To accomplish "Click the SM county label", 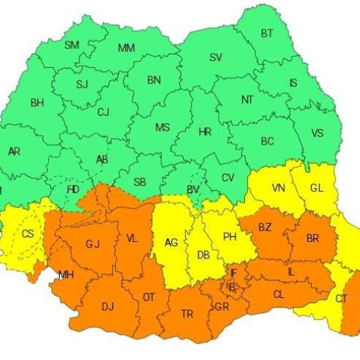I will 72,45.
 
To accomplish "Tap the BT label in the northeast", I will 267,33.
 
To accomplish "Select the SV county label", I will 216,57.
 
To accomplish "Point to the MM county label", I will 127,48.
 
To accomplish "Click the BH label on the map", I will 37,103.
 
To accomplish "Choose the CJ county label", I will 103,112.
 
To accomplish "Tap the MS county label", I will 163,127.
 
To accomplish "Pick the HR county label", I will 204,132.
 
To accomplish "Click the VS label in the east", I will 318,133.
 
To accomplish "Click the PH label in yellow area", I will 230,236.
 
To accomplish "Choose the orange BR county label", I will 312,238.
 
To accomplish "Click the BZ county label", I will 265,228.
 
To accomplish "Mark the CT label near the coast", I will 341,298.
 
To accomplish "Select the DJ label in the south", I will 107,307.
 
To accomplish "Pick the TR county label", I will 186,314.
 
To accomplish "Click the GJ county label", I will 92,243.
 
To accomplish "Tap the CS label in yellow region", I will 27,234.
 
